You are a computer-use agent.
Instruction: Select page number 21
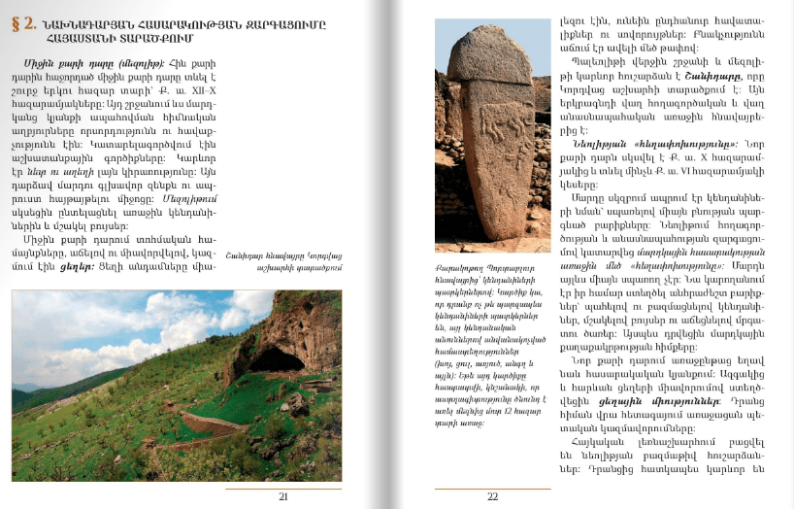(x=283, y=496)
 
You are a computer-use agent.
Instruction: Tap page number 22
(x=491, y=496)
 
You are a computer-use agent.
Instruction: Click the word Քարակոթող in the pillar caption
(x=462, y=275)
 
